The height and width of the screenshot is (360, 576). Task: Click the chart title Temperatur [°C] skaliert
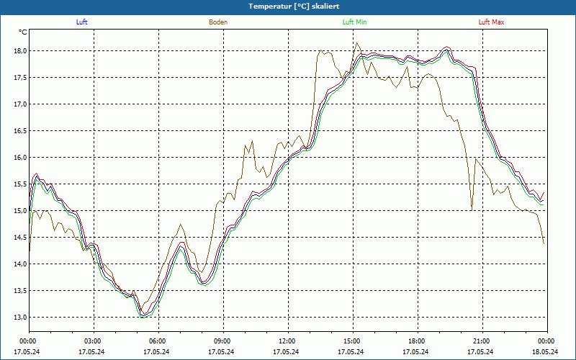coord(289,6)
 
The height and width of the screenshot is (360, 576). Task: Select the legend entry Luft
coord(81,22)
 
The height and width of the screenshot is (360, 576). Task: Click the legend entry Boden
coord(218,22)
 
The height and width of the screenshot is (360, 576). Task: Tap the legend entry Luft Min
coord(354,22)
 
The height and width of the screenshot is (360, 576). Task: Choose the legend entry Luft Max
coord(492,22)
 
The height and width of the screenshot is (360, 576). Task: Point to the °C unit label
coord(23,32)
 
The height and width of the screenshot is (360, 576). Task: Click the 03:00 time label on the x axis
coord(93,341)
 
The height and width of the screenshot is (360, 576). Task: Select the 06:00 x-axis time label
coord(158,341)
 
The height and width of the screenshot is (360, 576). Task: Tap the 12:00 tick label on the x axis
coord(287,341)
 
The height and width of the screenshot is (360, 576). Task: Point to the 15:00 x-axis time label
coord(352,341)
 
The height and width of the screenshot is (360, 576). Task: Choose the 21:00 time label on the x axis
coord(482,341)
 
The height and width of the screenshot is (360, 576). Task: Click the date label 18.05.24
coord(546,351)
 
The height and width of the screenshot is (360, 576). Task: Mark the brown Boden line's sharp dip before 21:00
coord(472,208)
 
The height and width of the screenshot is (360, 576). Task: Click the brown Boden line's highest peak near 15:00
coord(356,43)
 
